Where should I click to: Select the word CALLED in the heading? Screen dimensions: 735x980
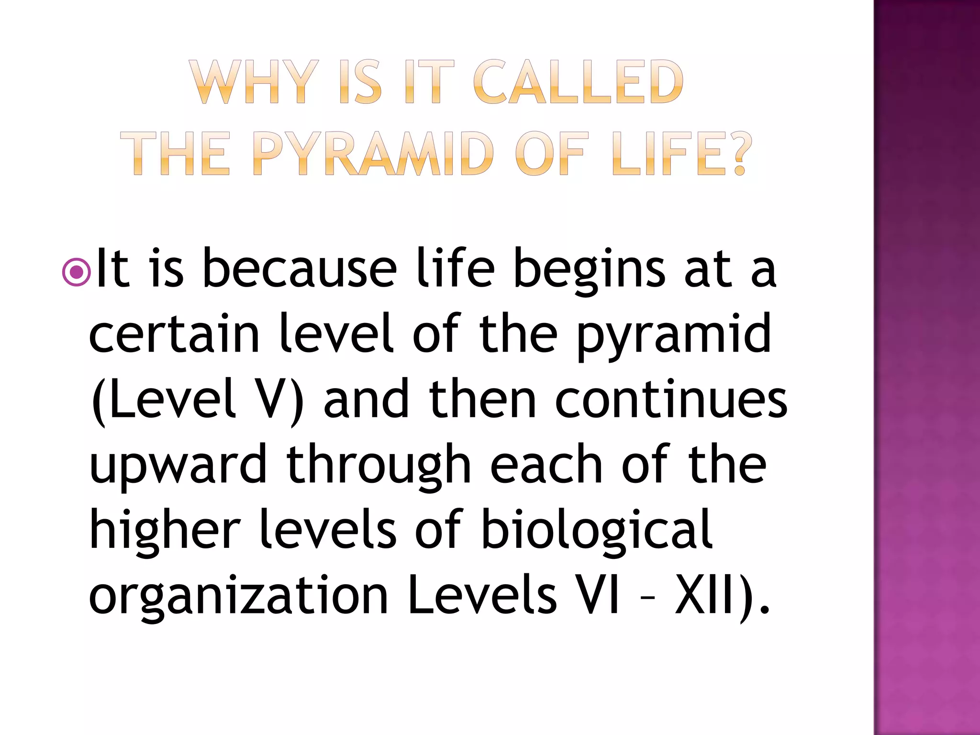[x=579, y=83]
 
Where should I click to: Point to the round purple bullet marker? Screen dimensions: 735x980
[x=76, y=272]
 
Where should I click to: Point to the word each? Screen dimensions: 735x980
[x=546, y=464]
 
